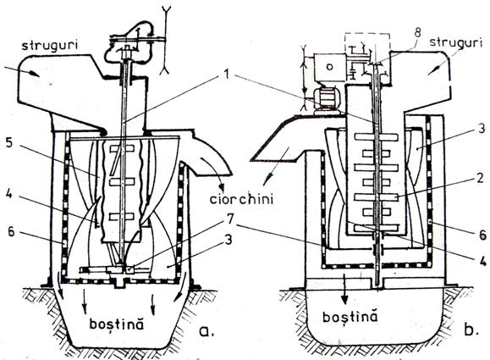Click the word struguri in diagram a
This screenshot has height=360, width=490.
pyautogui.click(x=49, y=46)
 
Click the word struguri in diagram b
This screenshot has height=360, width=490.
pyautogui.click(x=455, y=42)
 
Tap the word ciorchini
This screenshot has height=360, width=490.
pyautogui.click(x=241, y=199)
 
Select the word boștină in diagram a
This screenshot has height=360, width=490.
pyautogui.click(x=117, y=324)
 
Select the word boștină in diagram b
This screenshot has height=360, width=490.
pyautogui.click(x=350, y=317)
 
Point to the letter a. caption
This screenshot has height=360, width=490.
pyautogui.click(x=206, y=330)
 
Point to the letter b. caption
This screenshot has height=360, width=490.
pyautogui.click(x=470, y=330)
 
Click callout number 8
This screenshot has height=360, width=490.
pyautogui.click(x=417, y=33)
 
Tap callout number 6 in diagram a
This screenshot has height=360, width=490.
pyautogui.click(x=11, y=232)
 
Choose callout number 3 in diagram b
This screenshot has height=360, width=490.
pyautogui.click(x=481, y=128)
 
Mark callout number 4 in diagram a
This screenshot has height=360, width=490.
pyautogui.click(x=9, y=193)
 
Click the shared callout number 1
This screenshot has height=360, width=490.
pyautogui.click(x=228, y=75)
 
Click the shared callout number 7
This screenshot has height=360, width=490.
pyautogui.click(x=229, y=219)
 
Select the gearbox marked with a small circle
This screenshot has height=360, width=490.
pyautogui.click(x=330, y=68)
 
